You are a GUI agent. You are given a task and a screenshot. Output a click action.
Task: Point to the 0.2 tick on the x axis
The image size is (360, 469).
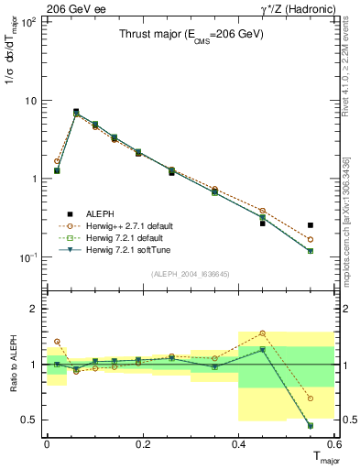pos(143,444)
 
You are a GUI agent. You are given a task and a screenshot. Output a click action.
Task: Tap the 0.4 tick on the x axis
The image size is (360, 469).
pos(239,444)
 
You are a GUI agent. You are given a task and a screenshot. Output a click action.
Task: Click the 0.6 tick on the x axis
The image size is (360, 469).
pos(334,444)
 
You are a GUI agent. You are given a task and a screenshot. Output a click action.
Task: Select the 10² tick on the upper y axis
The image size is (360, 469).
pos(29,22)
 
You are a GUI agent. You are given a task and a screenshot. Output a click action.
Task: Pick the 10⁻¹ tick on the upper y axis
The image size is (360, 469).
pos(29,257)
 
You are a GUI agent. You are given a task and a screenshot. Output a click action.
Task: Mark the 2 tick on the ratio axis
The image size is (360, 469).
pos(35,309)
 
